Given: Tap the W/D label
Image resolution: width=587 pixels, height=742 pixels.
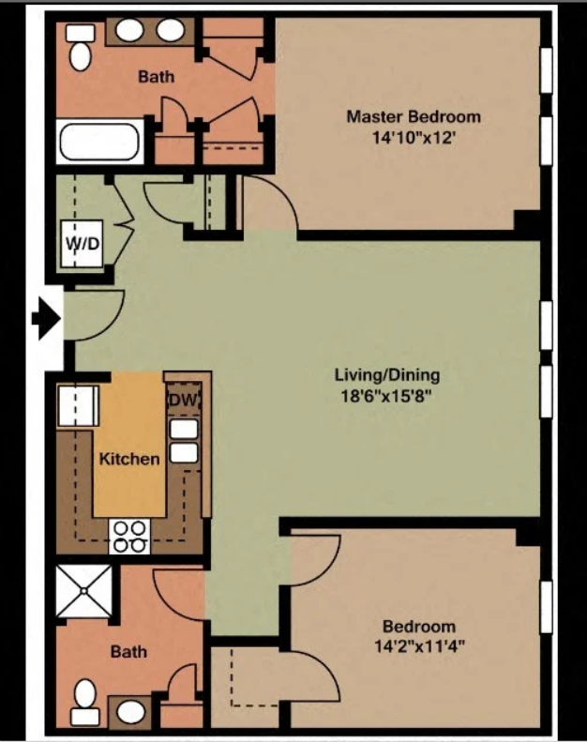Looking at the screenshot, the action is (83, 244).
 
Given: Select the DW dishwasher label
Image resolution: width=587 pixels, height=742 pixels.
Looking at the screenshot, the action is (183, 400).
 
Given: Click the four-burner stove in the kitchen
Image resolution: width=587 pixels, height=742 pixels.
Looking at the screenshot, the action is (129, 537).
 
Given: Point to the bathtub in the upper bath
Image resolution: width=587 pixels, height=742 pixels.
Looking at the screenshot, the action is (99, 142).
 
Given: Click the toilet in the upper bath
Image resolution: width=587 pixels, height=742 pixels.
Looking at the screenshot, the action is (81, 47).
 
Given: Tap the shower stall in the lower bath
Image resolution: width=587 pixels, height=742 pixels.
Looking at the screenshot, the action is (84, 591).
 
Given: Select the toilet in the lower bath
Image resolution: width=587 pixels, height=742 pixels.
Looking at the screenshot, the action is (85, 702).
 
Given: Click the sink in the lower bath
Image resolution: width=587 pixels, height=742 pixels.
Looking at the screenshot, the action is (130, 711).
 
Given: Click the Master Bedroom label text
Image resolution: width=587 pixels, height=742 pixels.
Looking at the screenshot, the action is (414, 116).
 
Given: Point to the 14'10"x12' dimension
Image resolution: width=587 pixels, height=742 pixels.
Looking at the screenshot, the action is (414, 138).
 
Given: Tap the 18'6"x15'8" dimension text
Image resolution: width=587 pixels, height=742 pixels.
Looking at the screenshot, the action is (386, 396).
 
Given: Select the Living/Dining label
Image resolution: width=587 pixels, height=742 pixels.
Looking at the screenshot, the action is (387, 375).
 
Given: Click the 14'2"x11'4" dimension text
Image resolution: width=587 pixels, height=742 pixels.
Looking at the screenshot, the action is (419, 646).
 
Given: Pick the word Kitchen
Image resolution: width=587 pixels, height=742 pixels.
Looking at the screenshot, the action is (129, 459).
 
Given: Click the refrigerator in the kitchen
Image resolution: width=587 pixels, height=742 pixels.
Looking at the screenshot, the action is (78, 406).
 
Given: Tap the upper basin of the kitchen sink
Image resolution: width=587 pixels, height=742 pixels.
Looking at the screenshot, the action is (184, 430).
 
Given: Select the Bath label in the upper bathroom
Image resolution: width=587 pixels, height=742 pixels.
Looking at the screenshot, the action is (156, 76).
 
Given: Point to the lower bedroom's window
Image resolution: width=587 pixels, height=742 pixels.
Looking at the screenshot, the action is (547, 607).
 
